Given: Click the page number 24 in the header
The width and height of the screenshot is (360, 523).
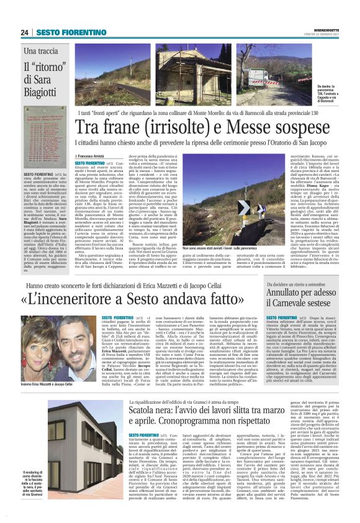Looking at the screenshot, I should click(x=25, y=32).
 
